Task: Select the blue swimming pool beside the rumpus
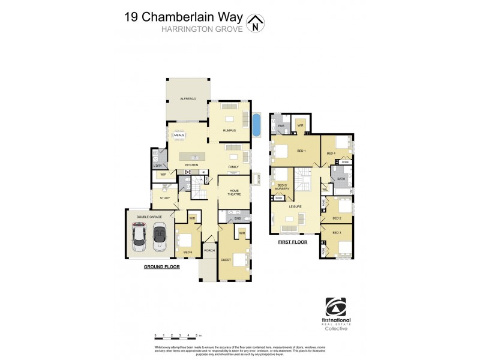pos(258,125)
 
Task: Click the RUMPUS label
pos(229,130)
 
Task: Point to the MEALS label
pos(179,136)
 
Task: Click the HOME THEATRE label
pos(234,192)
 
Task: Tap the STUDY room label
pos(164,197)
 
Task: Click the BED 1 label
pos(302,151)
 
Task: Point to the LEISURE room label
pos(295,206)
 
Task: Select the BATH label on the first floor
pos(341,179)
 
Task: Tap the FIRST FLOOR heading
pos(292,242)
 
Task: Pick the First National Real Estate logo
pos(336,314)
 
